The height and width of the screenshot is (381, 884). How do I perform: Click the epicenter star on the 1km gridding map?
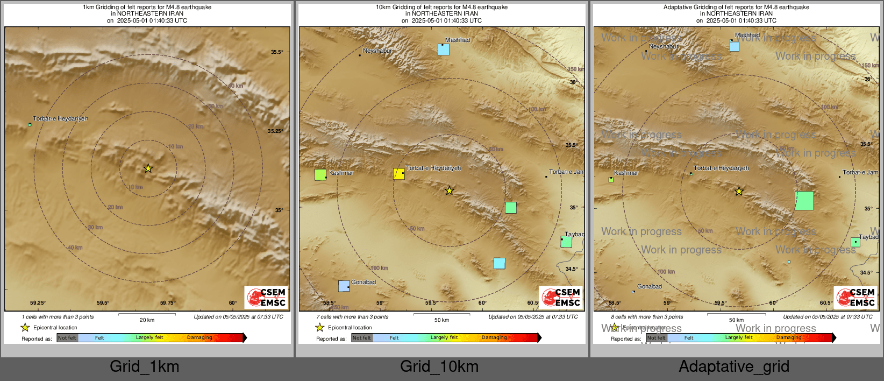click(148, 168)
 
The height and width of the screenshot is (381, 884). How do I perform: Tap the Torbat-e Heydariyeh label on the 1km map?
click(60, 118)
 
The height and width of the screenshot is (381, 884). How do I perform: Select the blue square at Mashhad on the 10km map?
click(444, 50)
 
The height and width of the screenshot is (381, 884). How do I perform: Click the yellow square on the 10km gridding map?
click(399, 173)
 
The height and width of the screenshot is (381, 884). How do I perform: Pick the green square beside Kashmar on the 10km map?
click(320, 174)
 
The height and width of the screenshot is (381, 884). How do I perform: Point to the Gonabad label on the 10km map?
click(363, 282)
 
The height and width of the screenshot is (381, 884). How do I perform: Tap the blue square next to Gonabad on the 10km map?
click(344, 286)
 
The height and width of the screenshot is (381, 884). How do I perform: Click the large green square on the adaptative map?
click(804, 201)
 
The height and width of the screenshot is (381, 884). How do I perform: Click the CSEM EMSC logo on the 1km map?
click(267, 297)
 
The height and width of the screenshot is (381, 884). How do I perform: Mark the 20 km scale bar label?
click(147, 320)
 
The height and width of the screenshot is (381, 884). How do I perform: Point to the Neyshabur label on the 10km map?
click(377, 51)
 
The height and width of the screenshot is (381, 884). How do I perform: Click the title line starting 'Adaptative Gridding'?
click(736, 7)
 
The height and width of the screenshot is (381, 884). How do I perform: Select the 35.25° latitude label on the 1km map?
click(275, 131)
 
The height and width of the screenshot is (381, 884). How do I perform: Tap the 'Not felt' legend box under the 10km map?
click(362, 337)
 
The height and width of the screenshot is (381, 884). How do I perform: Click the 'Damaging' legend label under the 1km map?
click(199, 337)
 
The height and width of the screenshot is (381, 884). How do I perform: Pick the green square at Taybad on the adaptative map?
click(855, 242)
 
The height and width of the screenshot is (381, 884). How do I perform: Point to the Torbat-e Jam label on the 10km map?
click(566, 172)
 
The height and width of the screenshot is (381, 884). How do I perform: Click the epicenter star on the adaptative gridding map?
click(739, 192)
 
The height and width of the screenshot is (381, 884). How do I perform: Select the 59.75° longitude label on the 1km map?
click(168, 303)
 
